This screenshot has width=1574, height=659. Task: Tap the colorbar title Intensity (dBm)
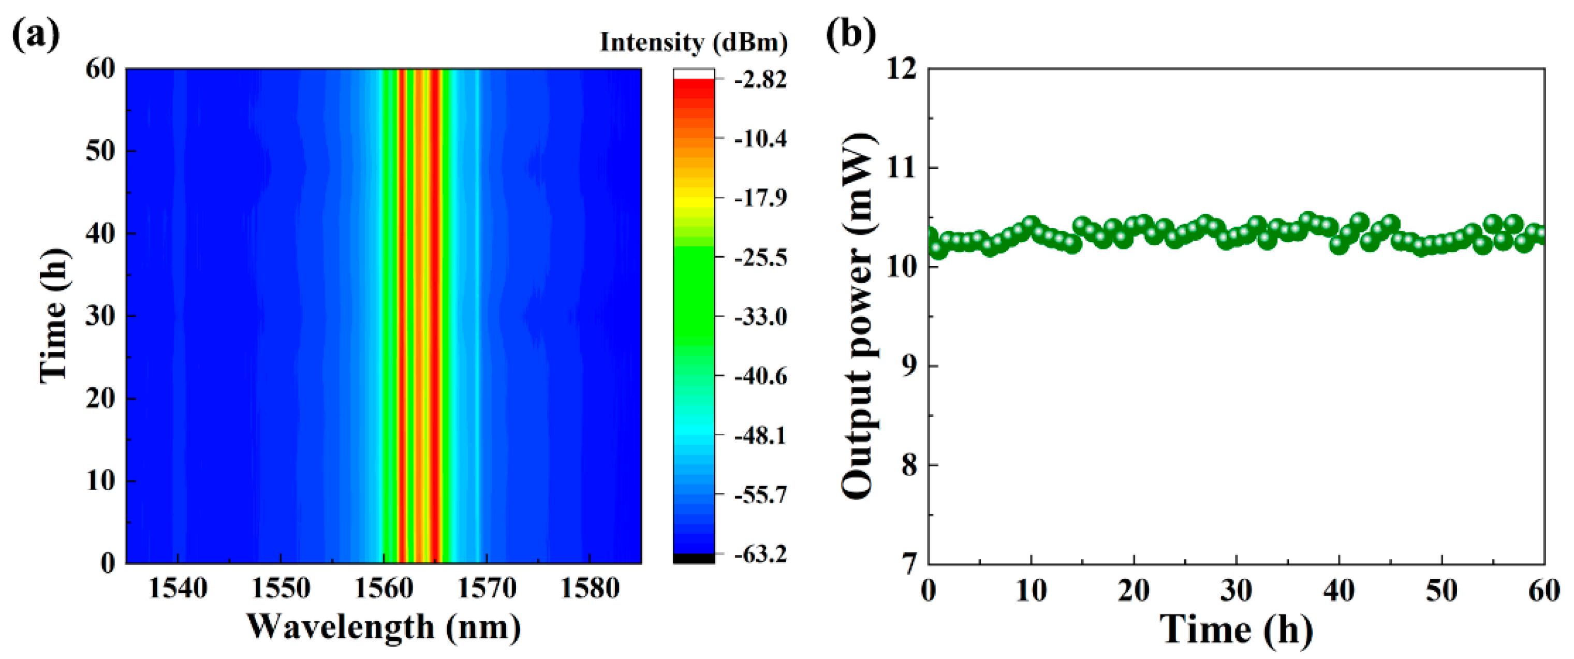pos(694,42)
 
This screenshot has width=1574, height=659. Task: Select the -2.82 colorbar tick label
pos(759,80)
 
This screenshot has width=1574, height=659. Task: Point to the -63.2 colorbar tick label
pos(759,554)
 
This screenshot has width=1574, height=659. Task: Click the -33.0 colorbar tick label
pos(759,317)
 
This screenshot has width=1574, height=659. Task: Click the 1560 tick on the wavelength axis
pos(384,589)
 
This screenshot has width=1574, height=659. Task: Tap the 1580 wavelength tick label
pos(590,589)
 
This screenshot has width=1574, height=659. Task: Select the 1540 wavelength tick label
pos(178,589)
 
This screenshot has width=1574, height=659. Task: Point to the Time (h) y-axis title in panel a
pos(54,316)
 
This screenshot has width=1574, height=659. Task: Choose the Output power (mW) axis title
pos(859,316)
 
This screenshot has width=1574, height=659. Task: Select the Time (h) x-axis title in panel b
pos(1236,629)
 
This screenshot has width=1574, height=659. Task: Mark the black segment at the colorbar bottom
pos(694,558)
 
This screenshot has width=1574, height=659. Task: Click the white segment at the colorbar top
pos(694,74)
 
